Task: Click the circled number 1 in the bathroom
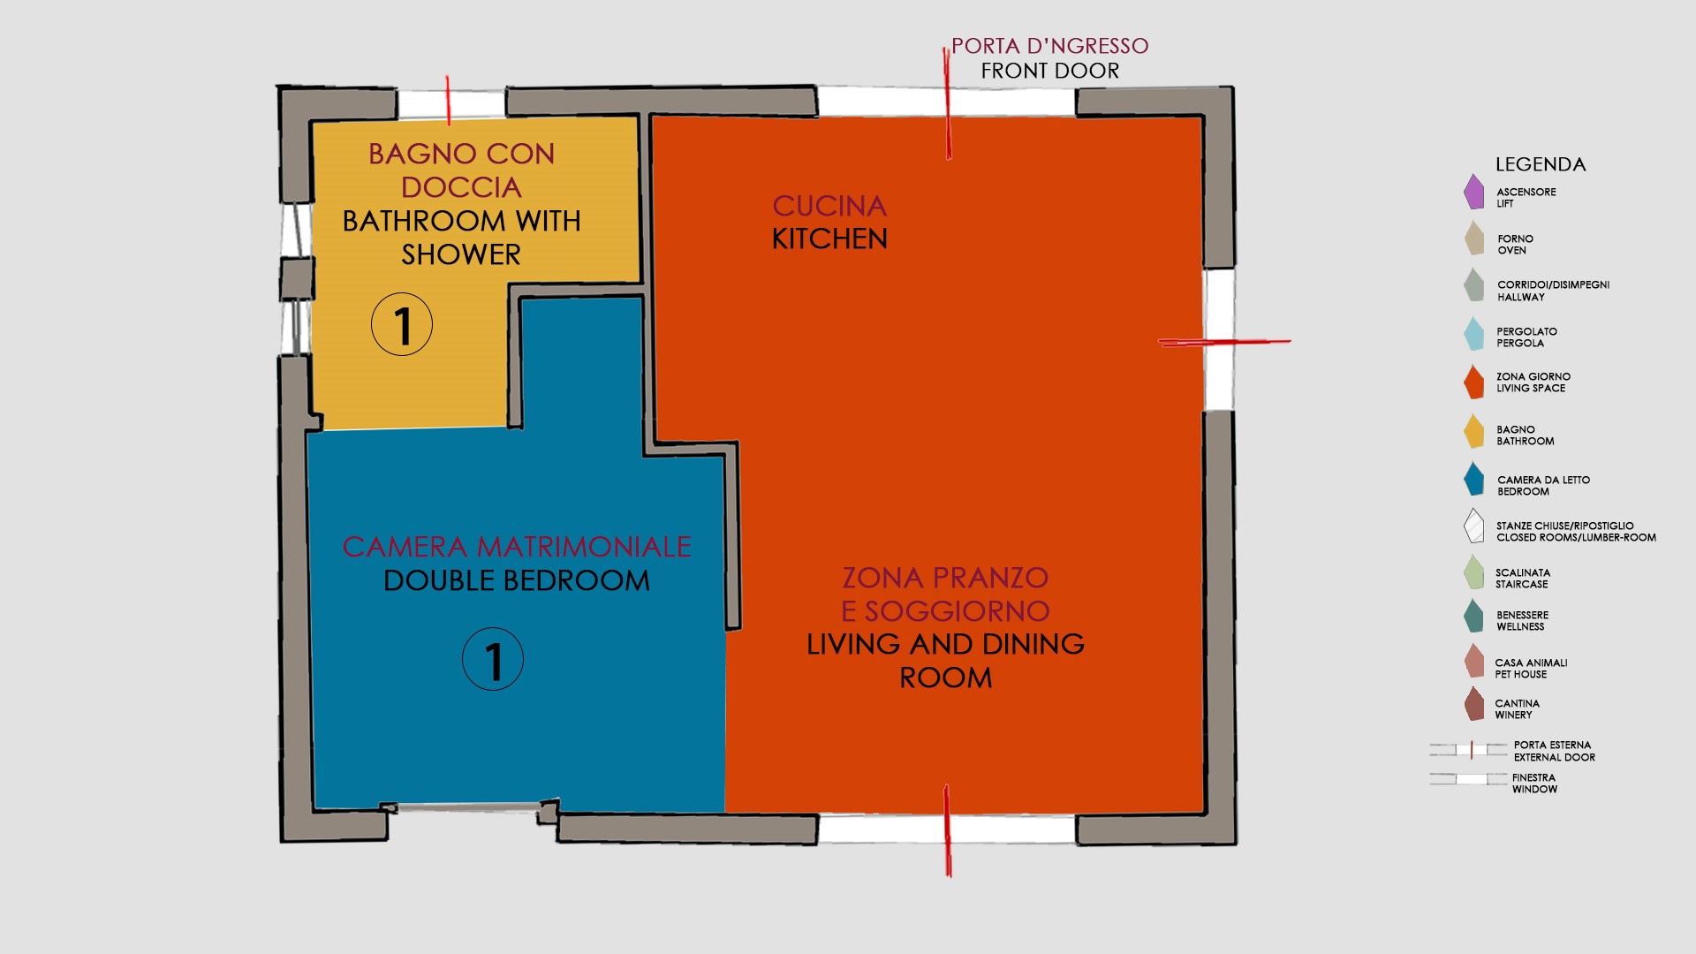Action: pos(402,324)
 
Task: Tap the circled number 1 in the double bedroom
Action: pos(493,659)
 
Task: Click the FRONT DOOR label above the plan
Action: pos(1050,71)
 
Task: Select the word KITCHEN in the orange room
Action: pos(829,238)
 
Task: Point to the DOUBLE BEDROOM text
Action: pos(517,580)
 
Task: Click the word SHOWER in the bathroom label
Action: pos(461,254)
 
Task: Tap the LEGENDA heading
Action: pos(1541,164)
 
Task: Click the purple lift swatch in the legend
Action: pos(1473,192)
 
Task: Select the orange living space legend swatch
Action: pos(1473,382)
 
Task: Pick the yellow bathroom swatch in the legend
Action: pos(1473,431)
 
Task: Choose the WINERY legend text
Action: pos(1513,715)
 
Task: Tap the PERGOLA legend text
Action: pos(1519,343)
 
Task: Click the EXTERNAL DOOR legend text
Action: pos(1554,757)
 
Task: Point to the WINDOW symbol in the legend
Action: pos(1469,778)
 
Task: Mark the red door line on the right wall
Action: pos(1224,342)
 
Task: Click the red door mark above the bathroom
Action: pos(448,100)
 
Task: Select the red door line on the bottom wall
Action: pos(948,830)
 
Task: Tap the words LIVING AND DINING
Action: pos(945,644)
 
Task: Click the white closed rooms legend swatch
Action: pos(1473,526)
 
